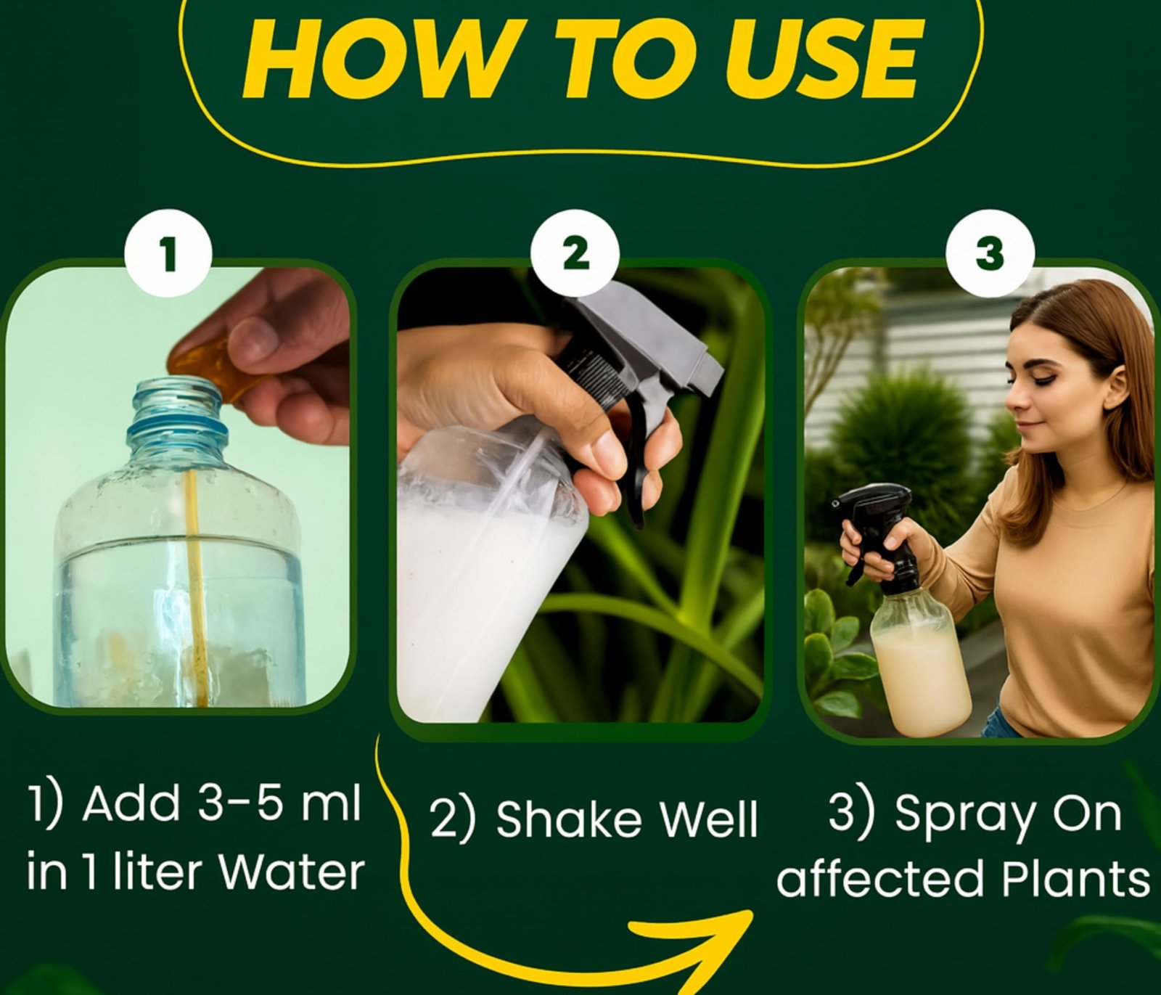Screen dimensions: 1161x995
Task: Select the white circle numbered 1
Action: pos(169,255)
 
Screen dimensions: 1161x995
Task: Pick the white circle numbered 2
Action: pos(575,255)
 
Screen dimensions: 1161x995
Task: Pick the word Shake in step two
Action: pos(569,819)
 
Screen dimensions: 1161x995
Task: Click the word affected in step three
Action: pos(879,879)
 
